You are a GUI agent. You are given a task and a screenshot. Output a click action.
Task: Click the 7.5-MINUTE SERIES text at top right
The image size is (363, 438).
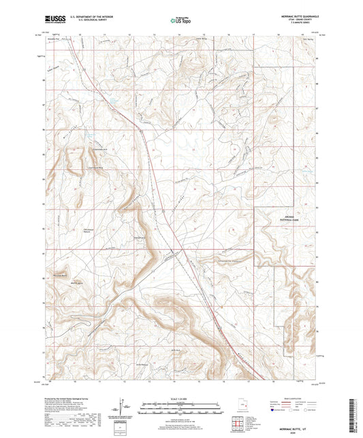(298, 25)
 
